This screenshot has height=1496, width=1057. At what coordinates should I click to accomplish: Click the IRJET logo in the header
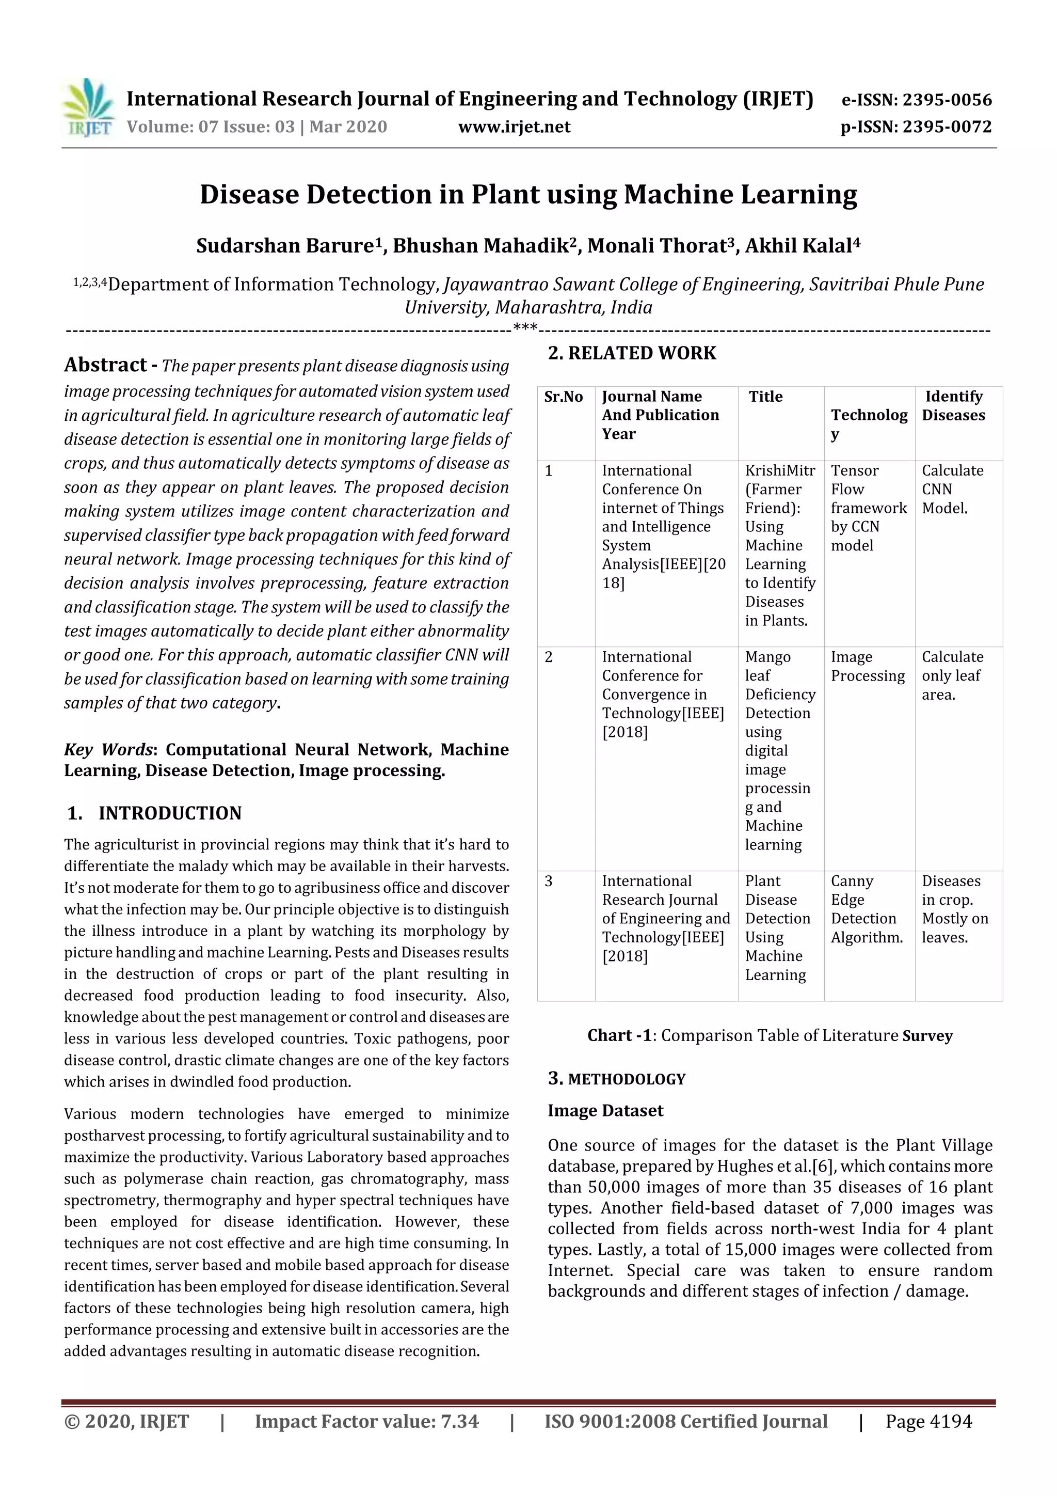[88, 107]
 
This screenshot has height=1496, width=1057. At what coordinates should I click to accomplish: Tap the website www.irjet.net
[514, 127]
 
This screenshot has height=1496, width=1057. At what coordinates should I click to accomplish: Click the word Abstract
[105, 365]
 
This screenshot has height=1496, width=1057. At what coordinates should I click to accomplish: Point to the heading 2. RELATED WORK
[631, 353]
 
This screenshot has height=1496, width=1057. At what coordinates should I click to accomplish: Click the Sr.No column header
[564, 397]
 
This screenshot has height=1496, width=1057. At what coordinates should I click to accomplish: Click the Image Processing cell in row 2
[868, 667]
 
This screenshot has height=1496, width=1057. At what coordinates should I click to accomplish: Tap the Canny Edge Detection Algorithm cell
[866, 909]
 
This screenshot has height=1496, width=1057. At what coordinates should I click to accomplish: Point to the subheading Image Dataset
[605, 1111]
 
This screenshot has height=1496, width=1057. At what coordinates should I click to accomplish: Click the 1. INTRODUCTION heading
[154, 813]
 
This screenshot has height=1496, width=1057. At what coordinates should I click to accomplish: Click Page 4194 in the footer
[928, 1422]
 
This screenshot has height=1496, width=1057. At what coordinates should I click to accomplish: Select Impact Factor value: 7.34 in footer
[366, 1422]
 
